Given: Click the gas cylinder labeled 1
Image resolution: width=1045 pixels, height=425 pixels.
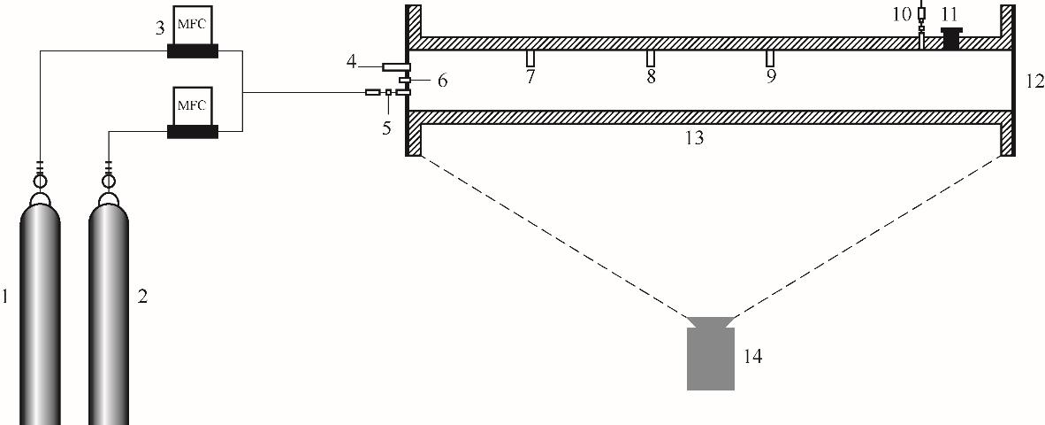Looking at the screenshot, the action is tap(39, 313).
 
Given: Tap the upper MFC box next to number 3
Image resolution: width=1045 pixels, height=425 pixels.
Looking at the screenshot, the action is tap(193, 25).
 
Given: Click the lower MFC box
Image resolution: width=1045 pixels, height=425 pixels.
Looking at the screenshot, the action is tap(193, 105).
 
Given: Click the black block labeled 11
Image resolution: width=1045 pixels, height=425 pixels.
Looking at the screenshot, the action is tap(951, 38).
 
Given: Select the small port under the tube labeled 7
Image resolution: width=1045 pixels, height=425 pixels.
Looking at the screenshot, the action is tap(530, 58).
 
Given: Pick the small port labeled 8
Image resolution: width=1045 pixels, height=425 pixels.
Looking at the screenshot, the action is tap(651, 58).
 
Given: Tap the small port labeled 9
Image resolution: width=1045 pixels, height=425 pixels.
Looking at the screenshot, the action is tap(770, 58).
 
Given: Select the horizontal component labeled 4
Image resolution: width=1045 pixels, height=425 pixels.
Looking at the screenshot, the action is tap(396, 66).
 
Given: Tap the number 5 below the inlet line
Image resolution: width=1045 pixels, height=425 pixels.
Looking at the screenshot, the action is tap(386, 127).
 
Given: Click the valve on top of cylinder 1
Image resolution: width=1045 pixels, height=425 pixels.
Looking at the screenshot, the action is tap(39, 180).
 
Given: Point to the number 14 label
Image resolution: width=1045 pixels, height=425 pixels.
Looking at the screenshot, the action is tap(752, 358).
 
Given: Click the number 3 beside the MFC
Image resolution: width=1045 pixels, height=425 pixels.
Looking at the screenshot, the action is tap(160, 28).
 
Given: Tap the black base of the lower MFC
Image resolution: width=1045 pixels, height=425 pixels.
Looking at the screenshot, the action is tap(193, 132).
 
